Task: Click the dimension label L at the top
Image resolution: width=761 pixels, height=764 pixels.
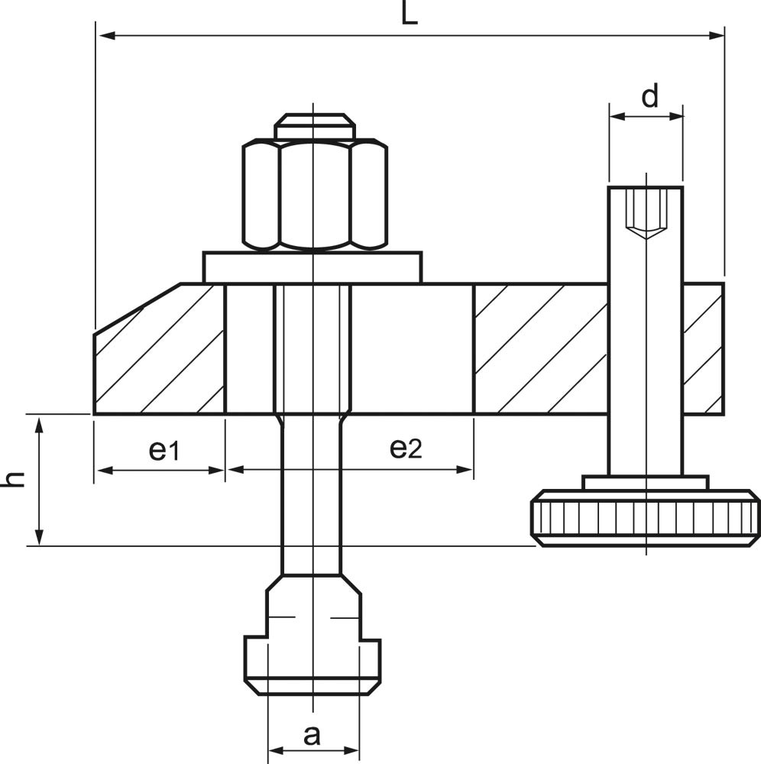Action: click(x=410, y=13)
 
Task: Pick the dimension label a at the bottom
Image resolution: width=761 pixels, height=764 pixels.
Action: click(x=312, y=735)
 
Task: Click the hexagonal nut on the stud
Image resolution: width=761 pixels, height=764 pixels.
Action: click(x=315, y=195)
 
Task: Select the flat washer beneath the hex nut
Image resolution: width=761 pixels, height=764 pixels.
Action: click(x=312, y=267)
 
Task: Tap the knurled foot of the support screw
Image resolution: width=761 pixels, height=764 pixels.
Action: click(x=646, y=517)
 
